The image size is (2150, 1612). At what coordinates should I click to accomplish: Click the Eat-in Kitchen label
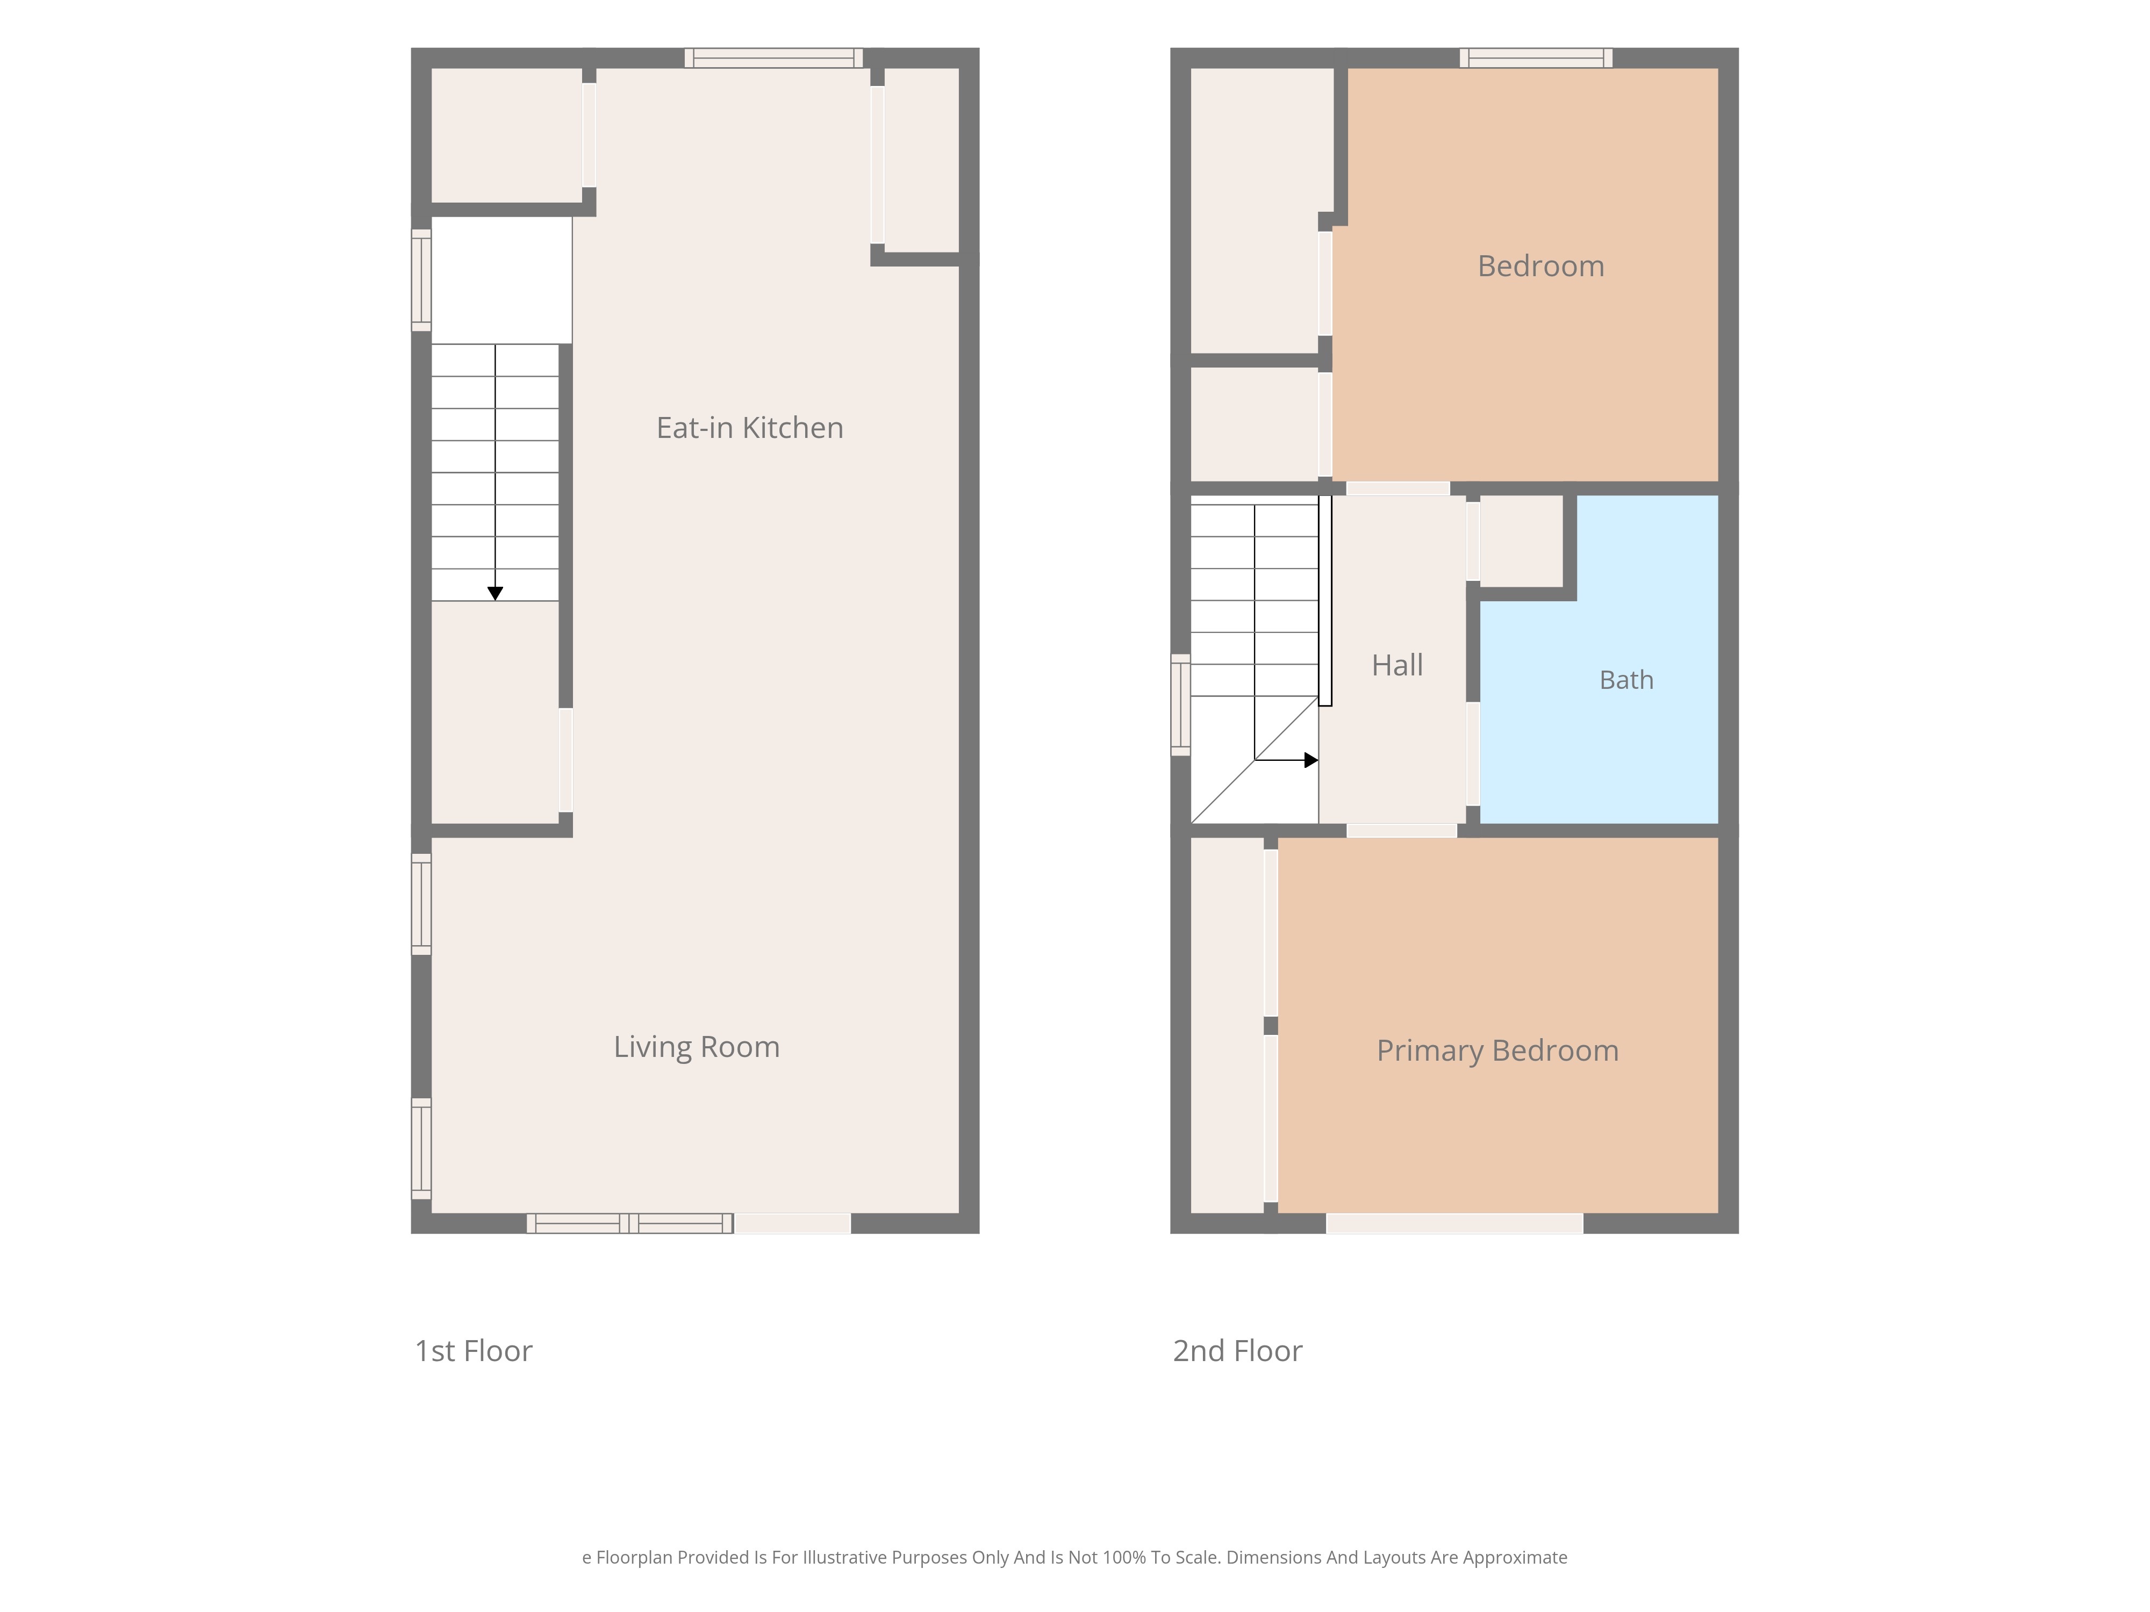749,428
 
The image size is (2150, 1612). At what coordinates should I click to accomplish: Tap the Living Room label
696,1047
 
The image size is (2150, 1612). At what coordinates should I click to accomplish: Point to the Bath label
1626,680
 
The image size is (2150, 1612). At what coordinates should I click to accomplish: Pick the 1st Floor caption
474,1351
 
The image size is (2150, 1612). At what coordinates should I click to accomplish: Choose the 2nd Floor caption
1237,1351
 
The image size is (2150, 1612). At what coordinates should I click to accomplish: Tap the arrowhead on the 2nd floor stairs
1311,760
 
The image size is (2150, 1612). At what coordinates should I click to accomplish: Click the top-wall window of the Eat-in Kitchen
773,58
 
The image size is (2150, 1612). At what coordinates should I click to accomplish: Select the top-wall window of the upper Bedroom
1536,58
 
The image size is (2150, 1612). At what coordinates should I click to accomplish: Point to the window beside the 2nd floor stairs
1180,704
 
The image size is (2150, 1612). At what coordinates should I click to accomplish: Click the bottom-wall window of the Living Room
630,1224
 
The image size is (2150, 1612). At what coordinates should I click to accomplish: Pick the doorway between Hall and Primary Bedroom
1402,831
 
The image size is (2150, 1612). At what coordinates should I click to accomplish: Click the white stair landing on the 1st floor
501,280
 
